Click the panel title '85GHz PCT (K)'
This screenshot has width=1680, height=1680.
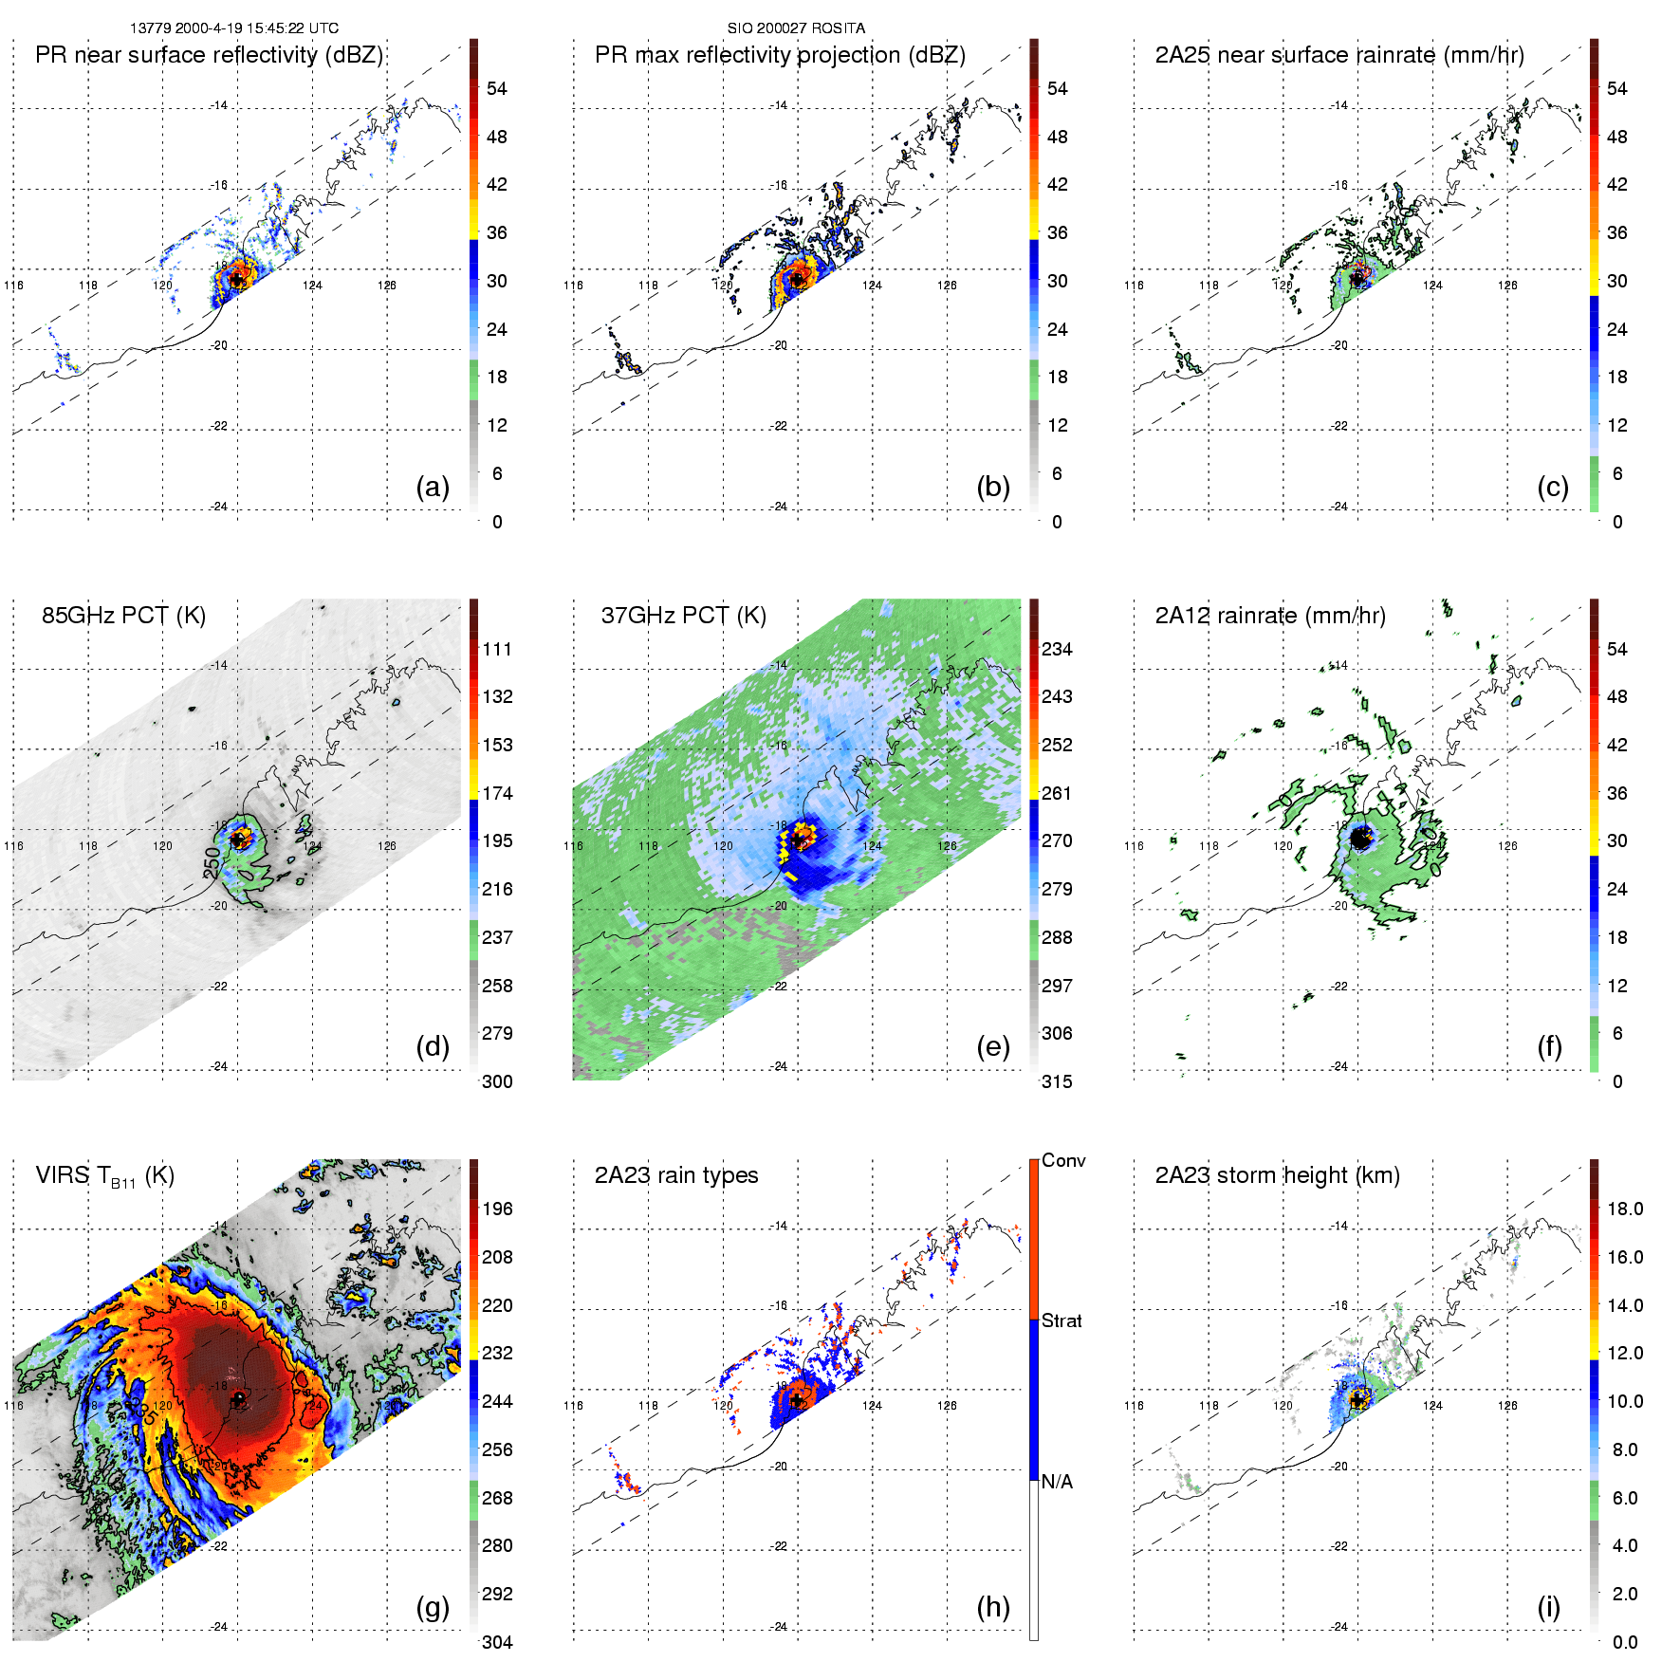click(123, 616)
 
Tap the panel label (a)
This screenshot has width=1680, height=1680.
click(433, 487)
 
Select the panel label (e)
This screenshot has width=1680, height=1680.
click(992, 1046)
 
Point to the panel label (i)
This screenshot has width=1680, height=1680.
click(1548, 1607)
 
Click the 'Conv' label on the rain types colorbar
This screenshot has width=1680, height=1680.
click(1063, 1160)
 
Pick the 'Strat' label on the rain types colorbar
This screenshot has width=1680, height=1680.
click(1062, 1320)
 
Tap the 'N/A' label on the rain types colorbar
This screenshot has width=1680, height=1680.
click(1057, 1482)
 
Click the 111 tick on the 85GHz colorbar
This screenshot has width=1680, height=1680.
click(497, 649)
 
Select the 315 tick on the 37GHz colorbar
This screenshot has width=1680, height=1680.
click(1057, 1081)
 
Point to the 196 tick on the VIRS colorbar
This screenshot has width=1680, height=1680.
click(497, 1209)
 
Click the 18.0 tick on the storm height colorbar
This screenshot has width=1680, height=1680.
click(1625, 1209)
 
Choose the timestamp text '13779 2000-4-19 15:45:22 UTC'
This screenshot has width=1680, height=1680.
click(234, 28)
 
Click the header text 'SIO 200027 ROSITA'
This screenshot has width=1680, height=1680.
click(796, 28)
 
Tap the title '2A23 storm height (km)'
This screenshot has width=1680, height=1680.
click(1277, 1175)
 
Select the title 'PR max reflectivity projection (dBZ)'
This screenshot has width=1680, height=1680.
click(780, 55)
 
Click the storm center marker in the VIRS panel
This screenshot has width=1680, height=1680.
click(238, 1399)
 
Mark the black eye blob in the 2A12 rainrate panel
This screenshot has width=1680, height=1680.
click(1361, 839)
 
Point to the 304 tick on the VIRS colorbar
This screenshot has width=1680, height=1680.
click(497, 1642)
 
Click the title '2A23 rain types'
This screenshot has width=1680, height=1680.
click(676, 1175)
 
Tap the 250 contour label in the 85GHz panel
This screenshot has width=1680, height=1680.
click(212, 861)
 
